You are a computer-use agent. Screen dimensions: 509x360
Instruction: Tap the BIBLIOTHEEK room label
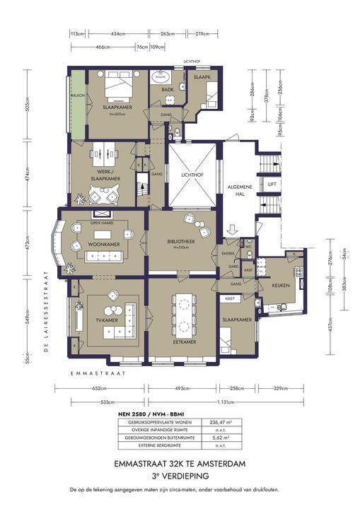181,241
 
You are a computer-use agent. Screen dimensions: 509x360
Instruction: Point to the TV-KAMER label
105,321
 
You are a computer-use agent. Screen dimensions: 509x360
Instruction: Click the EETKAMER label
183,341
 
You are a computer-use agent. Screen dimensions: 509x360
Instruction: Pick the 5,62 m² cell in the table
216,438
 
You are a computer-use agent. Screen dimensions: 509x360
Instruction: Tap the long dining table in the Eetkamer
184,311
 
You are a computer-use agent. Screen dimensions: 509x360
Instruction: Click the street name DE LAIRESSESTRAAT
47,311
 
